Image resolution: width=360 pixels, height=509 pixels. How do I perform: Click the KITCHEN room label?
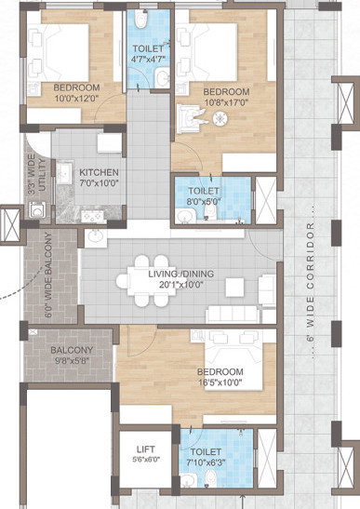tap(98, 173)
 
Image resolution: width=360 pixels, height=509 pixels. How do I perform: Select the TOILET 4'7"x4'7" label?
tap(148, 55)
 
